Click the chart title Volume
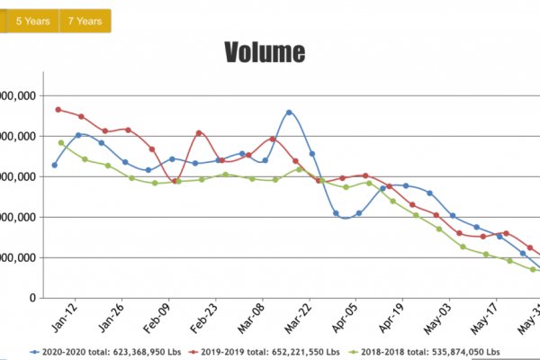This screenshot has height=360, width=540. click(265, 52)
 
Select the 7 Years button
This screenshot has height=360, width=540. click(85, 21)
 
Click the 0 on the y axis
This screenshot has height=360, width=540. click(32, 298)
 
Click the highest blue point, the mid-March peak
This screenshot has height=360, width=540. click(289, 112)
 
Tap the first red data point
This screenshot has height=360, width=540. click(58, 110)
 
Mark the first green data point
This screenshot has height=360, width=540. click(61, 142)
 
